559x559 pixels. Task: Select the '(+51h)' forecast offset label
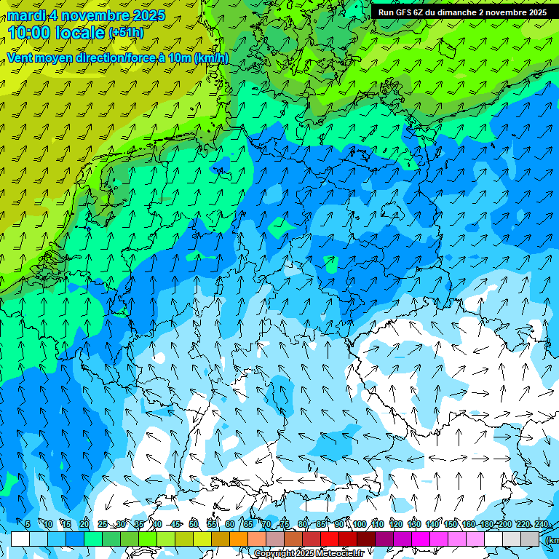(126, 33)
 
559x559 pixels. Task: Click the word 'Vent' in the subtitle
(20, 58)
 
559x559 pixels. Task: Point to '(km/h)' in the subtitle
(211, 58)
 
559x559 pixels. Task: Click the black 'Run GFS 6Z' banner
(461, 12)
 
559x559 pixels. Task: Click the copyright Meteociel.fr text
(309, 554)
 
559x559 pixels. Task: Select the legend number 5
(27, 524)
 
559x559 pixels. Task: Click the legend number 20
(84, 524)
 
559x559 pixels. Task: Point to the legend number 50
(194, 524)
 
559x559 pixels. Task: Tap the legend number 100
(360, 524)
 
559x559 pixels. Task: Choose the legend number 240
(542, 524)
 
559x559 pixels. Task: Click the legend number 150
(451, 524)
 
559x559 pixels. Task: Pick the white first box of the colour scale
(20, 539)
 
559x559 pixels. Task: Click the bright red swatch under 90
(330, 539)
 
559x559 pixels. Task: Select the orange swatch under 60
(221, 539)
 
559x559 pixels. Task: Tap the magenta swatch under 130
(421, 539)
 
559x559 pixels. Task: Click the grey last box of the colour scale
(530, 539)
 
